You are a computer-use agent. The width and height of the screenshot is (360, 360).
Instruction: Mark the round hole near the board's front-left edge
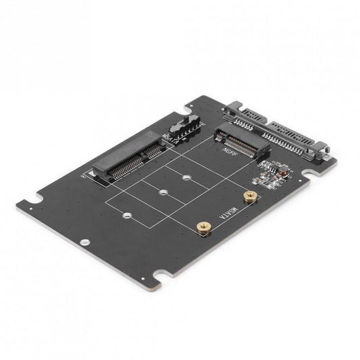coord(84,242)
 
